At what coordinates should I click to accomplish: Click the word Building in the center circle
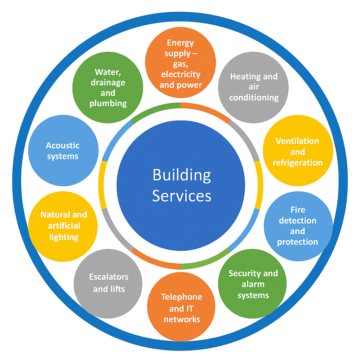coord(182,175)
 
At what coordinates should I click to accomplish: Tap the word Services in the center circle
coord(182,195)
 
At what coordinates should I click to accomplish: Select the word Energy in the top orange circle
coord(180,43)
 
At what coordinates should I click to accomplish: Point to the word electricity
coord(180,75)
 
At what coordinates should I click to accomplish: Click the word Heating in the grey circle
coord(242,76)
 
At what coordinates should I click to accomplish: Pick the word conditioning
coord(254,97)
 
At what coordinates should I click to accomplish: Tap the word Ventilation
coord(297,141)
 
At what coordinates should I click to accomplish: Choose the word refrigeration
coord(297,162)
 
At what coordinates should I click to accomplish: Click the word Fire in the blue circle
coord(298,210)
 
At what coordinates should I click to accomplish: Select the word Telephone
coord(181,297)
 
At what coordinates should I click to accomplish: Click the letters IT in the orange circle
coord(189,309)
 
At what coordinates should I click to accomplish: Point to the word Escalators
coord(109,277)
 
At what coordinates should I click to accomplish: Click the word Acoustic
coord(63,146)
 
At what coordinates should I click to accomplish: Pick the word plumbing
coord(108,103)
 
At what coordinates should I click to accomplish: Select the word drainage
coord(108,83)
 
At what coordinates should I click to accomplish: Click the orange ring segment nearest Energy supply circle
coord(206,109)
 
